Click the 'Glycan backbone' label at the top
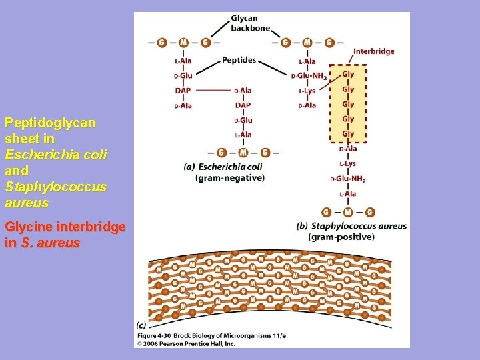pyautogui.click(x=251, y=23)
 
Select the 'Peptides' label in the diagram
pyautogui.click(x=239, y=60)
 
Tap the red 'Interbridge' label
pyautogui.click(x=373, y=51)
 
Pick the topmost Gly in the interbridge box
pyautogui.click(x=348, y=74)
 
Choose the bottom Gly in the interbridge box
pyautogui.click(x=348, y=134)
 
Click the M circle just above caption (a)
pyautogui.click(x=243, y=153)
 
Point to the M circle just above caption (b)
pyautogui.click(x=348, y=212)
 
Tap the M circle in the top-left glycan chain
pyautogui.click(x=183, y=42)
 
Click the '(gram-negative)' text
pyautogui.click(x=230, y=178)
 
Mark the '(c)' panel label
pyautogui.click(x=141, y=325)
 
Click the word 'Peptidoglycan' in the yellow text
pyautogui.click(x=50, y=123)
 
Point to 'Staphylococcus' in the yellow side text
pyautogui.click(x=55, y=187)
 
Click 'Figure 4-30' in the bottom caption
pyautogui.click(x=155, y=335)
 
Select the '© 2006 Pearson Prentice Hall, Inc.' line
pyautogui.click(x=186, y=343)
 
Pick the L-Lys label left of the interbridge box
pyautogui.click(x=307, y=91)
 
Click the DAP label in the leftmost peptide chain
pyautogui.click(x=183, y=91)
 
